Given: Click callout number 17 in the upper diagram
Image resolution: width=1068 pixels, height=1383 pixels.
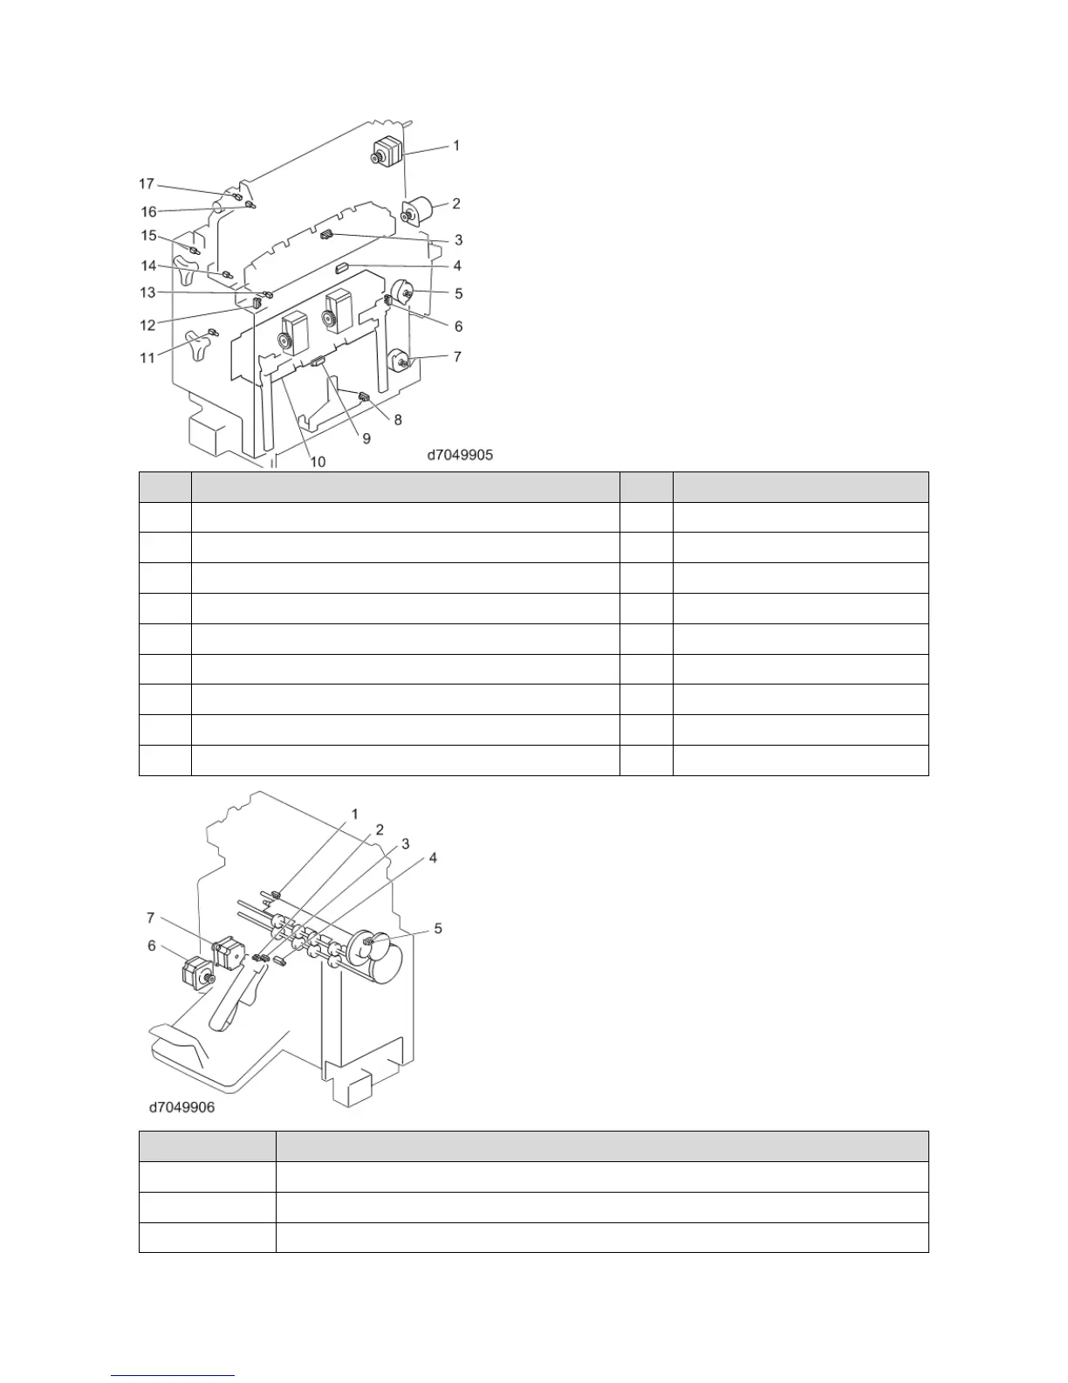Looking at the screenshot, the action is click(147, 183).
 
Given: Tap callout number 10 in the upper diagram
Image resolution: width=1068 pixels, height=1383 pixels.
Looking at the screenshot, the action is click(318, 461).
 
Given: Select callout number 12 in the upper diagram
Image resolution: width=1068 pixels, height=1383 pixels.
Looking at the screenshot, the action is click(148, 325).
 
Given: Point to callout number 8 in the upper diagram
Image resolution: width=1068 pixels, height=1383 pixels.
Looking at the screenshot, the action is click(398, 420).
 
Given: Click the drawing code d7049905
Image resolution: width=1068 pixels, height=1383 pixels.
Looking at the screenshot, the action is click(460, 455).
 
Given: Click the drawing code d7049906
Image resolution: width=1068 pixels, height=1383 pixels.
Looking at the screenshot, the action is click(181, 1107).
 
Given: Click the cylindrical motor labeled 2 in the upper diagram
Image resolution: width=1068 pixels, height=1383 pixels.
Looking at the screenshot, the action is click(417, 211).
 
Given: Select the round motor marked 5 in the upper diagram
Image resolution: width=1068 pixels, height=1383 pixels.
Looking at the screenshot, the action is click(403, 292).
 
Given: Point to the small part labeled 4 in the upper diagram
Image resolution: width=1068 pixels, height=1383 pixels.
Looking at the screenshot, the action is click(341, 268).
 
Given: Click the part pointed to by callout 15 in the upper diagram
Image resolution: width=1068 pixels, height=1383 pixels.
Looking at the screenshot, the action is click(195, 251).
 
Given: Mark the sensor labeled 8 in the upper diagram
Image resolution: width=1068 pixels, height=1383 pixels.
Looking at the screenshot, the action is click(364, 399).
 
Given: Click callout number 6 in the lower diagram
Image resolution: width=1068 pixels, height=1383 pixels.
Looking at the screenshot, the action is click(152, 945).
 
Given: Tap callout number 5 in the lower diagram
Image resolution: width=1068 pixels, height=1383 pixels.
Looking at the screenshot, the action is click(438, 927).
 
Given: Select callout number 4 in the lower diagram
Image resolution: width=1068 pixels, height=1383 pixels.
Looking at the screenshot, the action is click(434, 858).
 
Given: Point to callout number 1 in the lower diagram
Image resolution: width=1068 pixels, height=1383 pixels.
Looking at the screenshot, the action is click(354, 814).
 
